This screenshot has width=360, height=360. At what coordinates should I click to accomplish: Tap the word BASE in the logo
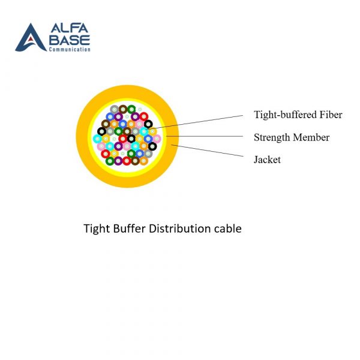(71, 40)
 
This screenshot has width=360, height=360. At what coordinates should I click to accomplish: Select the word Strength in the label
(272, 137)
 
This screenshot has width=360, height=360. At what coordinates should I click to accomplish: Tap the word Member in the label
(311, 137)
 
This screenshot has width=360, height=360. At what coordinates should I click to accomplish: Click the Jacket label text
(267, 160)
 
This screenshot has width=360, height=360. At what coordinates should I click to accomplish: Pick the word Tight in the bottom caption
(95, 229)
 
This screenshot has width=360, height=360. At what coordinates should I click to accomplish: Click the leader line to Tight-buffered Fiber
(204, 121)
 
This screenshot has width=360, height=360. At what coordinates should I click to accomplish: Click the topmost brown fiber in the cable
(123, 109)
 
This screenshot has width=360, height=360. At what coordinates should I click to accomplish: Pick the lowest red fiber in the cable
(127, 160)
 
